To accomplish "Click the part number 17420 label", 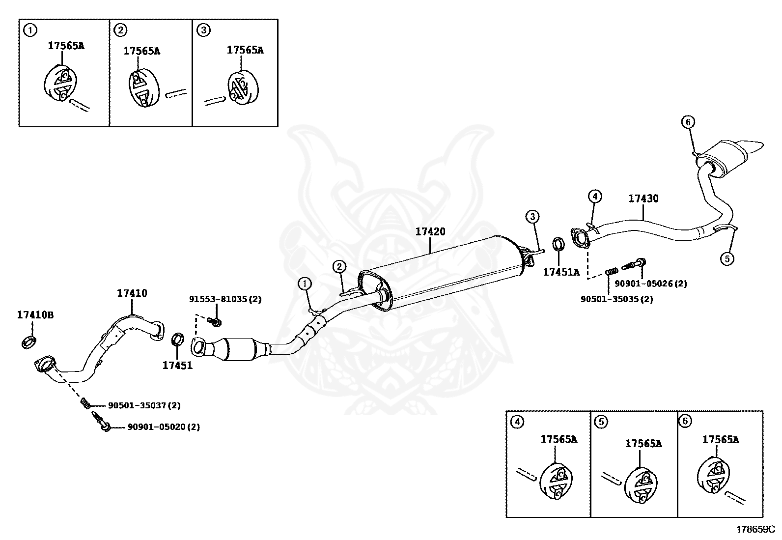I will tap(430, 232).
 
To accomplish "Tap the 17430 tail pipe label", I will tap(643, 199).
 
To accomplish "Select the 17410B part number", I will tap(35, 315).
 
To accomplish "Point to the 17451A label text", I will tap(561, 272).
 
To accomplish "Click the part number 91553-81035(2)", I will tap(225, 299).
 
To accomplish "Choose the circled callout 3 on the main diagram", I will tap(532, 216).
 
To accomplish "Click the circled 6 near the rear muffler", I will tap(688, 122).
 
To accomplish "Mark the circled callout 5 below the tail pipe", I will tap(727, 257).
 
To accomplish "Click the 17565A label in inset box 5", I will tap(643, 444).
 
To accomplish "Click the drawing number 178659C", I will tap(754, 529).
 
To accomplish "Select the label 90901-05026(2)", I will tap(650, 284).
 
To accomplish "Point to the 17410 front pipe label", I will tap(132, 293).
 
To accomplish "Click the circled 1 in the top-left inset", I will tap(30, 30).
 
